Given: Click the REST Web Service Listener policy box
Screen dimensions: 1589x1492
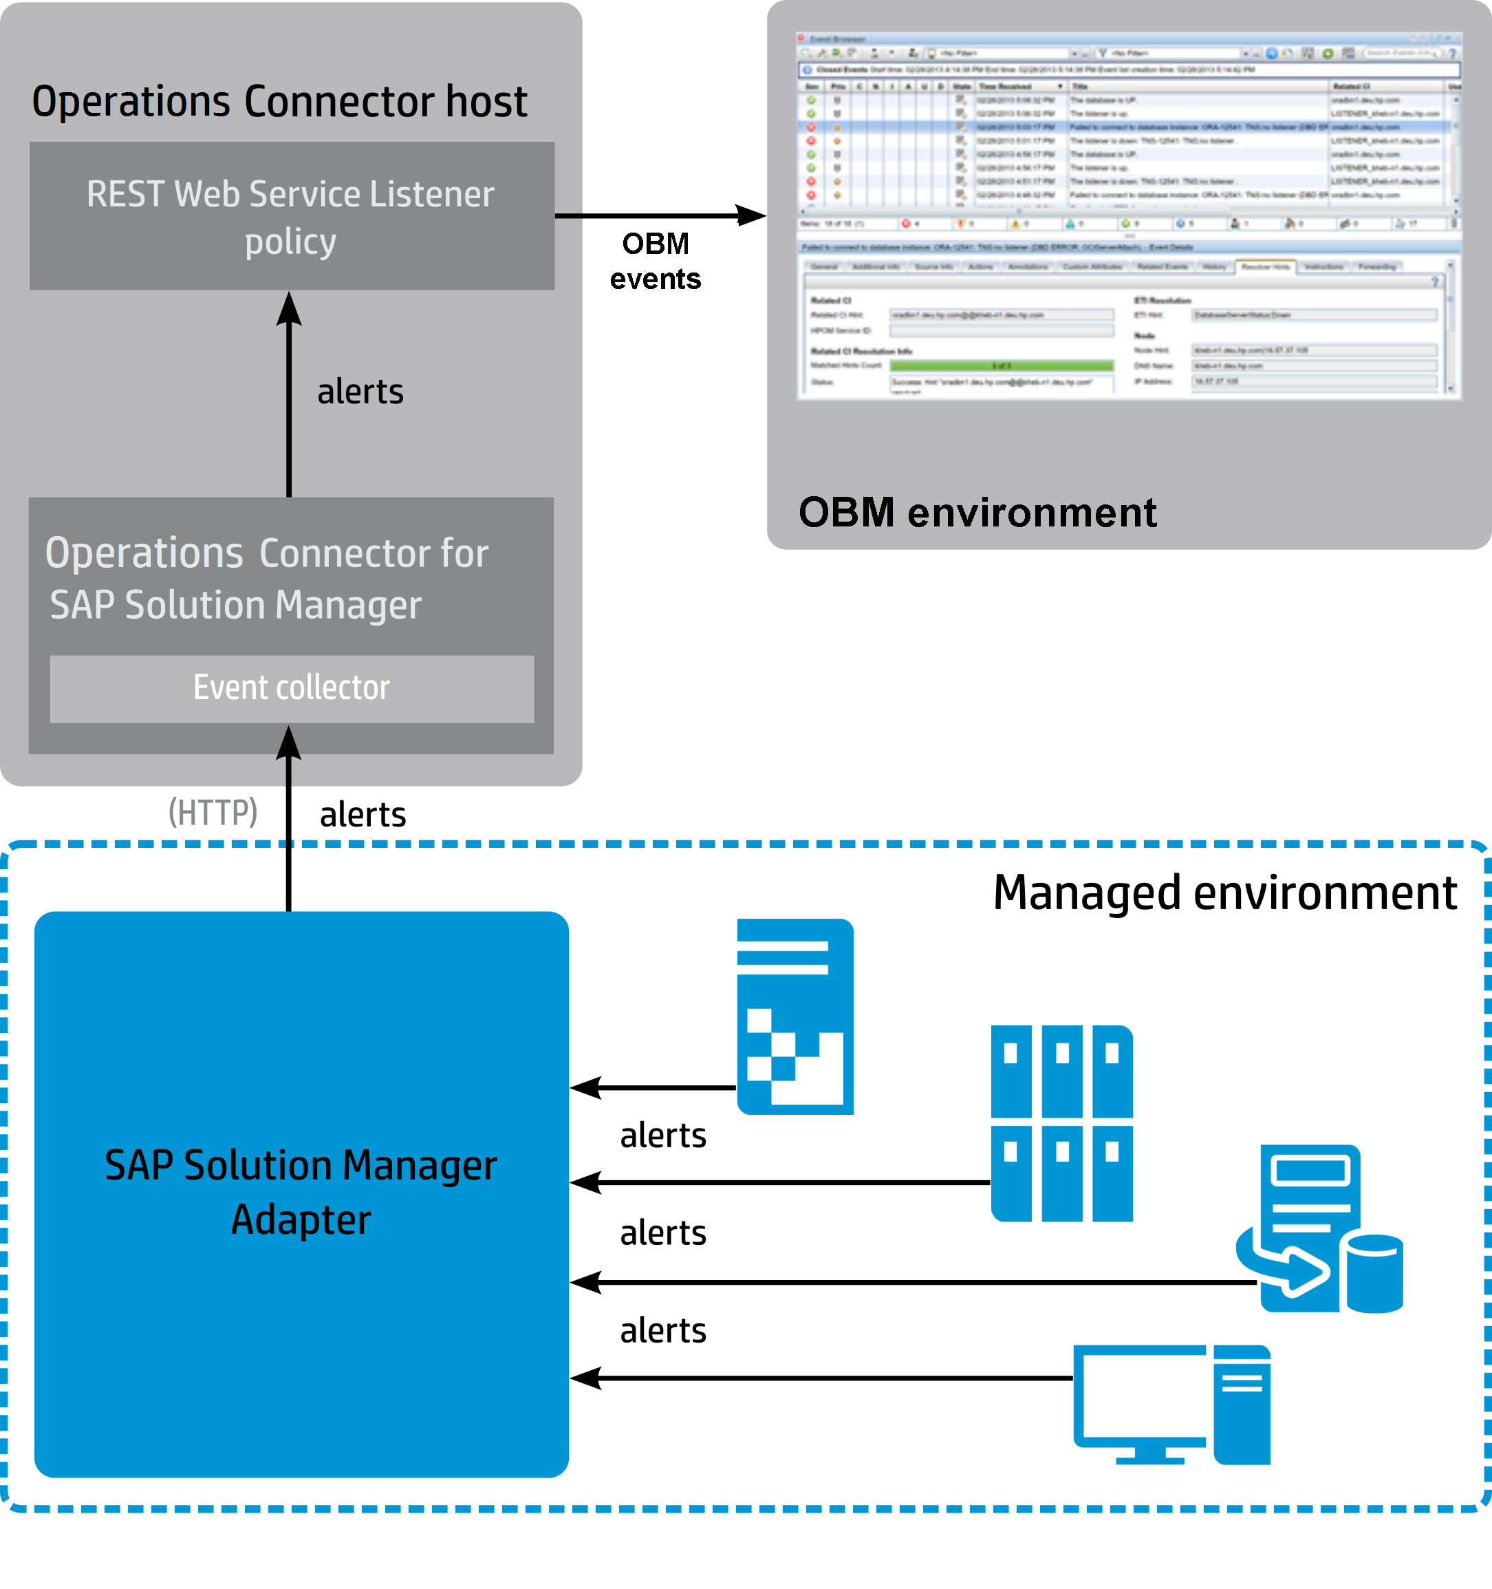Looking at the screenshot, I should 292,216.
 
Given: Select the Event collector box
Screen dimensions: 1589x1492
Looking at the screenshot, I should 292,688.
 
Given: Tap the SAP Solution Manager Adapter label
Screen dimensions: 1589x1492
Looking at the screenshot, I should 301,1192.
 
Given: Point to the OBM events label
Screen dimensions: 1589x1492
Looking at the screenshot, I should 656,262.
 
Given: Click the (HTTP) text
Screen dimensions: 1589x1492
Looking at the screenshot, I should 213,812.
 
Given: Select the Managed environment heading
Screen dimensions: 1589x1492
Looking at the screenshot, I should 1224,893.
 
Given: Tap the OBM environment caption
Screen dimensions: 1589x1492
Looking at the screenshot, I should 977,513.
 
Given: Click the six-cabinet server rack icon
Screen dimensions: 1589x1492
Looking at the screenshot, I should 1061,1123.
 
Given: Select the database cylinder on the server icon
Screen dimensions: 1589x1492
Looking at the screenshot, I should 1374,1273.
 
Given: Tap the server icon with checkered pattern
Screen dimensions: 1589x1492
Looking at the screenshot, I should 794,1016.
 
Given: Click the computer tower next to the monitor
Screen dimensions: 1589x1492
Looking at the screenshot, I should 1241,1404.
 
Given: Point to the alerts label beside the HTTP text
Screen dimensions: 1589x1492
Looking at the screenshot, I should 363,815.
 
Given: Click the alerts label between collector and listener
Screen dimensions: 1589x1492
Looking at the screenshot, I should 360,392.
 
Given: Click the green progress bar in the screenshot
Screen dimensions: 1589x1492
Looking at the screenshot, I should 1002,365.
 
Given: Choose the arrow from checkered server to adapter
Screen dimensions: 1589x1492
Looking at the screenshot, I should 652,1088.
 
